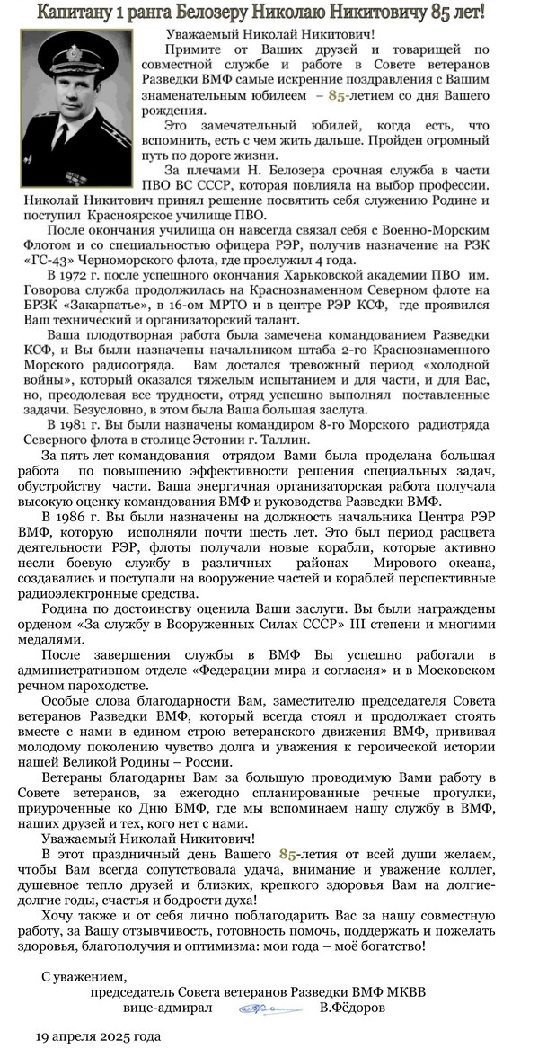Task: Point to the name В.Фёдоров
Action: [353, 1009]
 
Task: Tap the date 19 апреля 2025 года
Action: [97, 1035]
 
